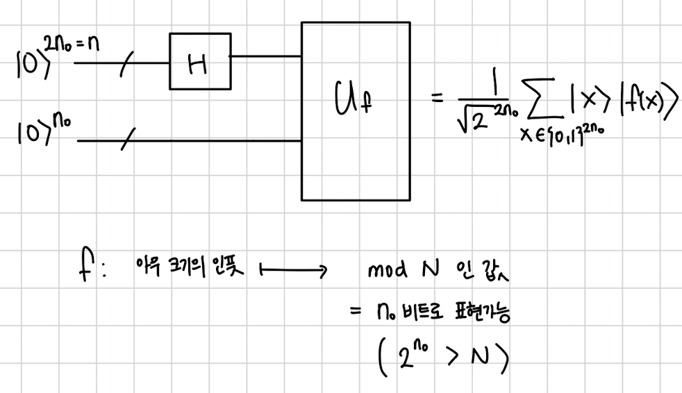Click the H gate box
199,61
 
